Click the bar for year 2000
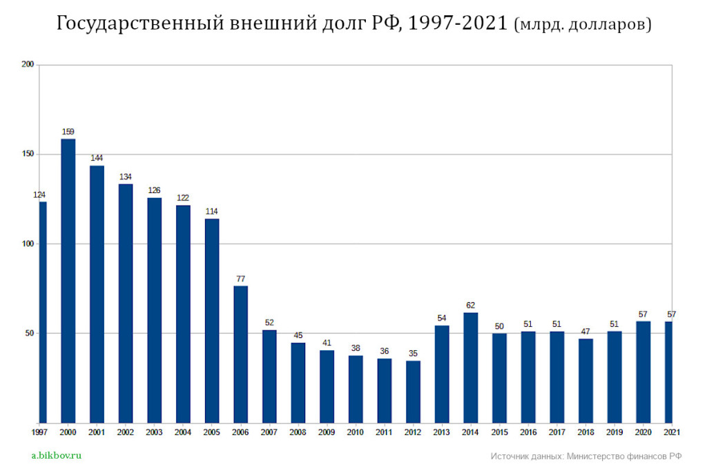click(68, 281)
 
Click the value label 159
click(68, 132)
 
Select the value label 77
click(240, 279)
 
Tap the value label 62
click(470, 305)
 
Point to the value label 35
click(413, 353)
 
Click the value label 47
click(585, 331)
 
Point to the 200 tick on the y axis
click(28, 65)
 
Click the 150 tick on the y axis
click(28, 154)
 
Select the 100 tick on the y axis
click(28, 244)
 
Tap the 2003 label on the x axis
click(154, 432)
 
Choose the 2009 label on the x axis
click(327, 432)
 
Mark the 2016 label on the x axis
click(527, 432)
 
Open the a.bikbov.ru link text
click(57, 455)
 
